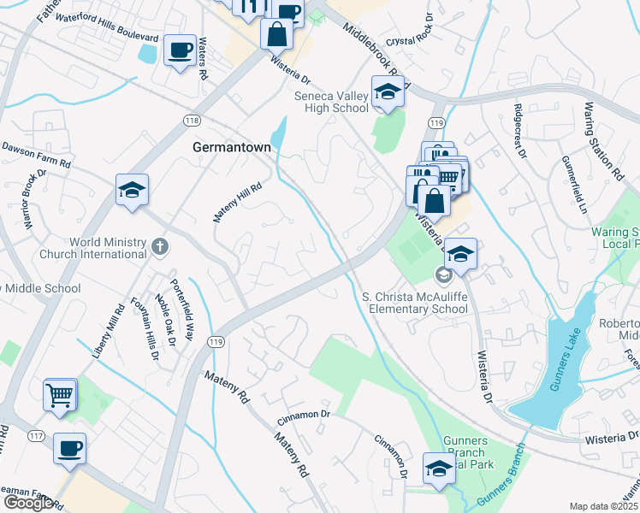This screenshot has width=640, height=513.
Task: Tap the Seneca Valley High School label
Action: (x=331, y=102)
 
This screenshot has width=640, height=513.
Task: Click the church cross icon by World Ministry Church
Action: (x=159, y=247)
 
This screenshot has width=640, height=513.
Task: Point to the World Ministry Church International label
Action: (x=93, y=247)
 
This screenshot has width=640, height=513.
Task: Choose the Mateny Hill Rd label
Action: (x=237, y=202)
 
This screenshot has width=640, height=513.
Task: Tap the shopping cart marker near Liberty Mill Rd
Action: (x=61, y=395)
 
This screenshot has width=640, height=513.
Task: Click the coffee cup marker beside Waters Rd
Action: (x=180, y=51)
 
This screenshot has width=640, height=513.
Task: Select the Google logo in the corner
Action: (x=28, y=503)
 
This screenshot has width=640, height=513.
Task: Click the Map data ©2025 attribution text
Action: (x=603, y=506)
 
